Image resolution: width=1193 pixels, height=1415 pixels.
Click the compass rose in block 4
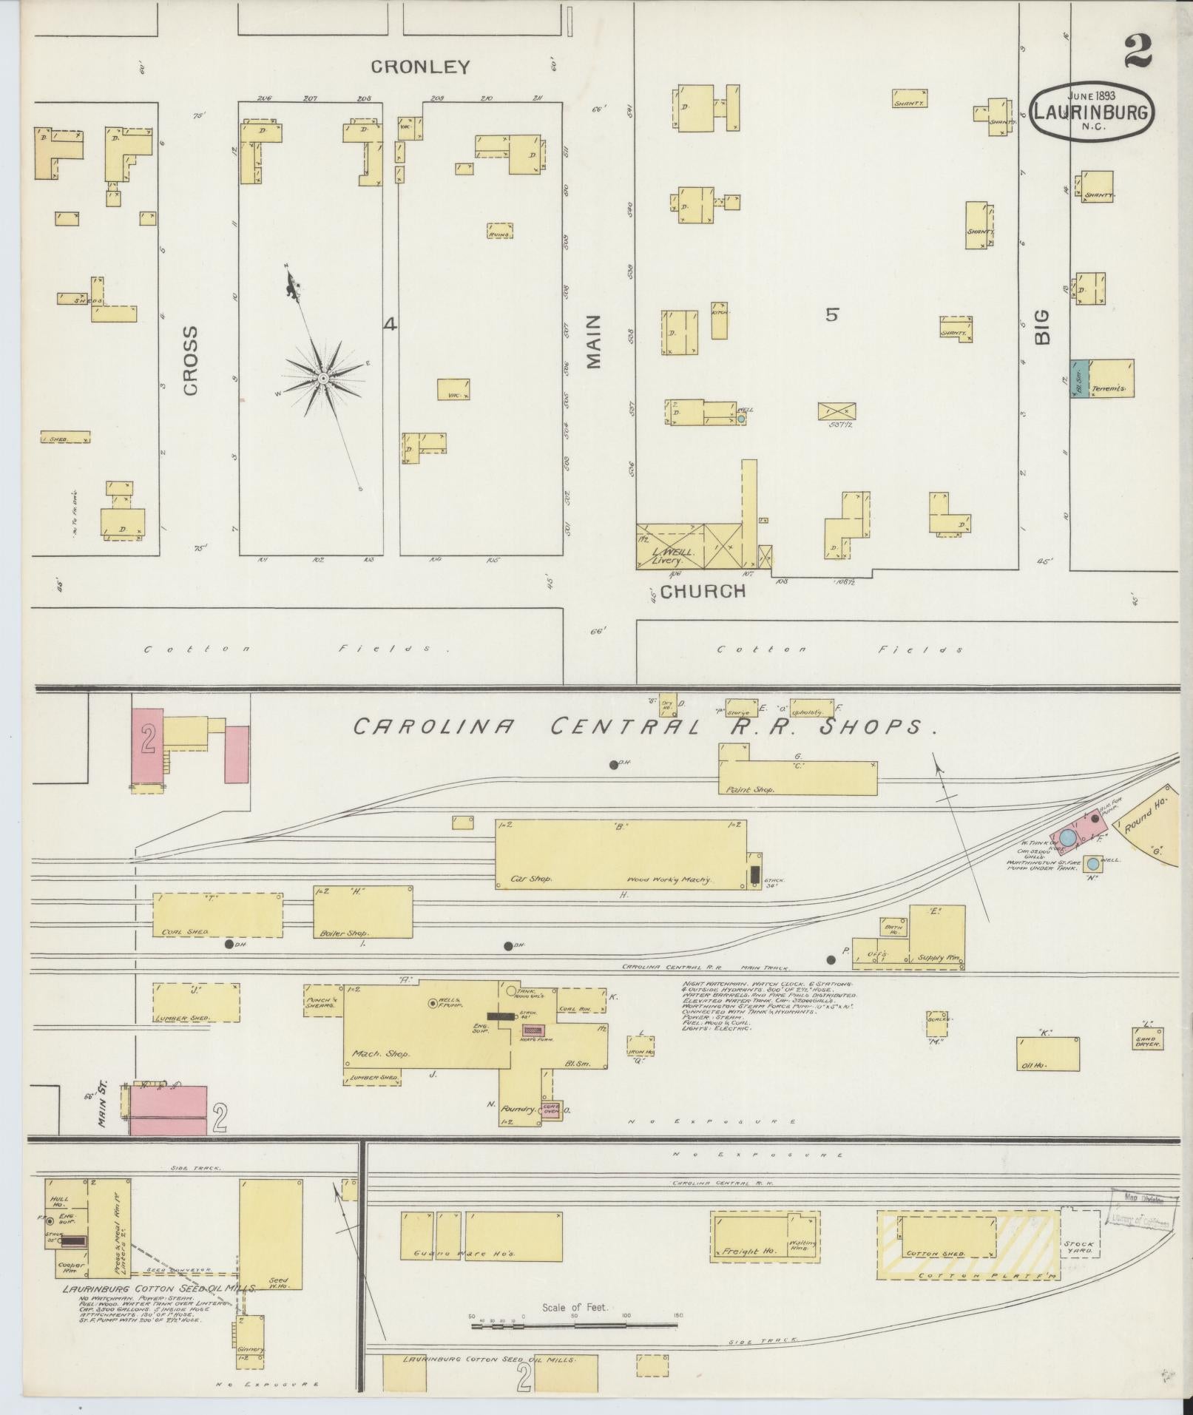323,378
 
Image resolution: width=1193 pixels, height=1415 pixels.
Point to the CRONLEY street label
420,67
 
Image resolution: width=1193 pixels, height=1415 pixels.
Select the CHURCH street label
703,591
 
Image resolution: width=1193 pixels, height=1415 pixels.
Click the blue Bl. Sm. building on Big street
1079,378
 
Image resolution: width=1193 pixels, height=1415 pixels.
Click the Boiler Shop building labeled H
362,911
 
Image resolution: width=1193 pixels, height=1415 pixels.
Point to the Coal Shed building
217,915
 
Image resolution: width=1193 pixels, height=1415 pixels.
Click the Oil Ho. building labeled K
1047,1054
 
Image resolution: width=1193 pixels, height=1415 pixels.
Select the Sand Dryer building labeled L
1147,1039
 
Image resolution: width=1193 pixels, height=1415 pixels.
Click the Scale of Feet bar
575,1326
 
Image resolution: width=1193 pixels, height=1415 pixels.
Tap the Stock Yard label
1078,1249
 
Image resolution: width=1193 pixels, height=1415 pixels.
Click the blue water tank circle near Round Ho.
1067,838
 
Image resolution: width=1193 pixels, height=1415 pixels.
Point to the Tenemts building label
1109,388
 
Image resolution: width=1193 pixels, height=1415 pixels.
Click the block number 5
832,315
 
